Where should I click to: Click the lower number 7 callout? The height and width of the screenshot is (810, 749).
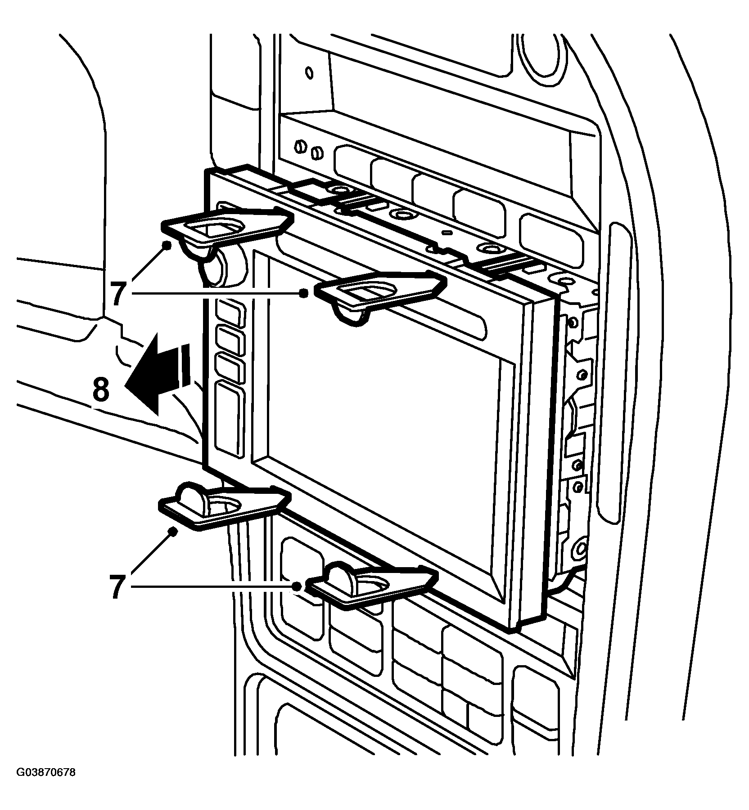click(x=118, y=586)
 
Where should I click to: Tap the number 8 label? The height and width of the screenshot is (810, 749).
click(x=101, y=389)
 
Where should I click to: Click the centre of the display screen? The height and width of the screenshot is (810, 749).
click(x=385, y=427)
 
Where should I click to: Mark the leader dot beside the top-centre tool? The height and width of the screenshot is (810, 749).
click(x=304, y=293)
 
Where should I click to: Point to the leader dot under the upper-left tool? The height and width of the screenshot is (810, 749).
click(x=167, y=245)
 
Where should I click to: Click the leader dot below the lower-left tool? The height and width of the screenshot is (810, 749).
click(x=171, y=532)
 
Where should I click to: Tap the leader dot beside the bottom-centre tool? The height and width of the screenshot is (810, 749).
click(x=296, y=586)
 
